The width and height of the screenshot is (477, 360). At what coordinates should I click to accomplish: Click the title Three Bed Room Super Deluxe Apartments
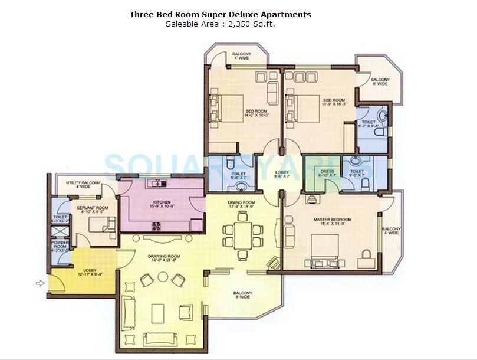pyautogui.click(x=221, y=14)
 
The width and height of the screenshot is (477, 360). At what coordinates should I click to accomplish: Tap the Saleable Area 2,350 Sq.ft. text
pyautogui.click(x=221, y=24)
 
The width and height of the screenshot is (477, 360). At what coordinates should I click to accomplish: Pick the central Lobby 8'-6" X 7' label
pyautogui.click(x=282, y=174)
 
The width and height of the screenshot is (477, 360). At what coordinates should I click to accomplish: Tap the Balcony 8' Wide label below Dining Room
pyautogui.click(x=242, y=295)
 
